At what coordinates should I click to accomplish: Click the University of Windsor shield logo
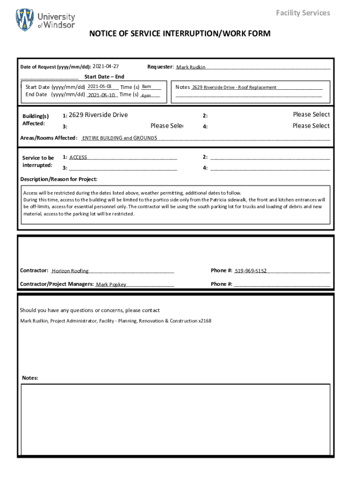coord(25,20)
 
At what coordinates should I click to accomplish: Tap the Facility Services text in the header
coord(302,13)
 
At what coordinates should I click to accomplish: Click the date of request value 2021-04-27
coord(106,66)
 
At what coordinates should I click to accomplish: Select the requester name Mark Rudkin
coord(191,67)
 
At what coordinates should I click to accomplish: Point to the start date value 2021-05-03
coord(99,87)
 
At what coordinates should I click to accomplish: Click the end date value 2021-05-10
coord(101,95)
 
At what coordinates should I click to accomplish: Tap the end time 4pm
coord(146,95)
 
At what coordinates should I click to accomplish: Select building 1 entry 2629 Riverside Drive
coord(98,115)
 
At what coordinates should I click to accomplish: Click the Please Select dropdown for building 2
coord(311,115)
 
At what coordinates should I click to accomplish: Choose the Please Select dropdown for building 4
coord(311,126)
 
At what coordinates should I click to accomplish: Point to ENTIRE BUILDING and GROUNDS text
coord(120,138)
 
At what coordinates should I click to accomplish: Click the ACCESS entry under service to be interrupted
coord(78,158)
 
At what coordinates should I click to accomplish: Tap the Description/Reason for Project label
coord(59,179)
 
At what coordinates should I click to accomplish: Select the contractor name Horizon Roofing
coord(70,271)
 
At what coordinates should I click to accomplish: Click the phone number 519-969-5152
coord(251,271)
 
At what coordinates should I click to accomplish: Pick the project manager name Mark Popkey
coord(111,284)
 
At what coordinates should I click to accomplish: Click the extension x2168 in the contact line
coord(205,321)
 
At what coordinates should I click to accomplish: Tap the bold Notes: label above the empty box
coord(30,378)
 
